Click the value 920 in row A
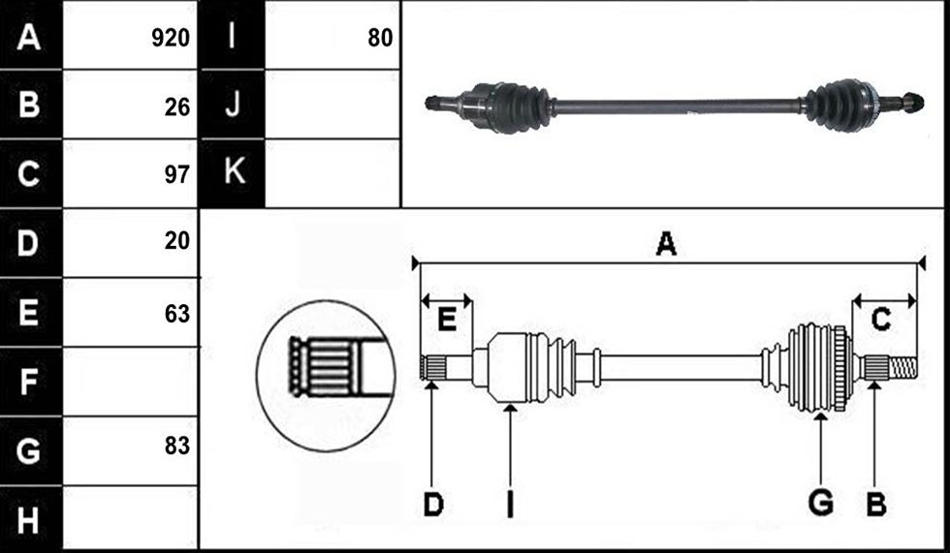tap(171, 38)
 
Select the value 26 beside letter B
tap(176, 108)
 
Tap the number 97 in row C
tap(176, 174)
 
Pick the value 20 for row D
tap(176, 241)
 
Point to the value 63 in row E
tap(176, 314)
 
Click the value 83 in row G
tap(176, 445)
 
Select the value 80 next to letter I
tap(380, 38)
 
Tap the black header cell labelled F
tap(30, 382)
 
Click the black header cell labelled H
tap(30, 518)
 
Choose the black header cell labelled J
tap(232, 104)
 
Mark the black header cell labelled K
tap(232, 173)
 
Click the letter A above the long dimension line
tap(666, 244)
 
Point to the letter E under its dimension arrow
tap(447, 319)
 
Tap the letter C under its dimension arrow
tap(880, 320)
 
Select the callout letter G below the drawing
tap(821, 504)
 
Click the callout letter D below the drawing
tap(433, 505)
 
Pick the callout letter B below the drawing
tap(876, 505)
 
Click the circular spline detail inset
tap(326, 375)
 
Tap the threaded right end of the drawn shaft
tap(902, 366)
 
